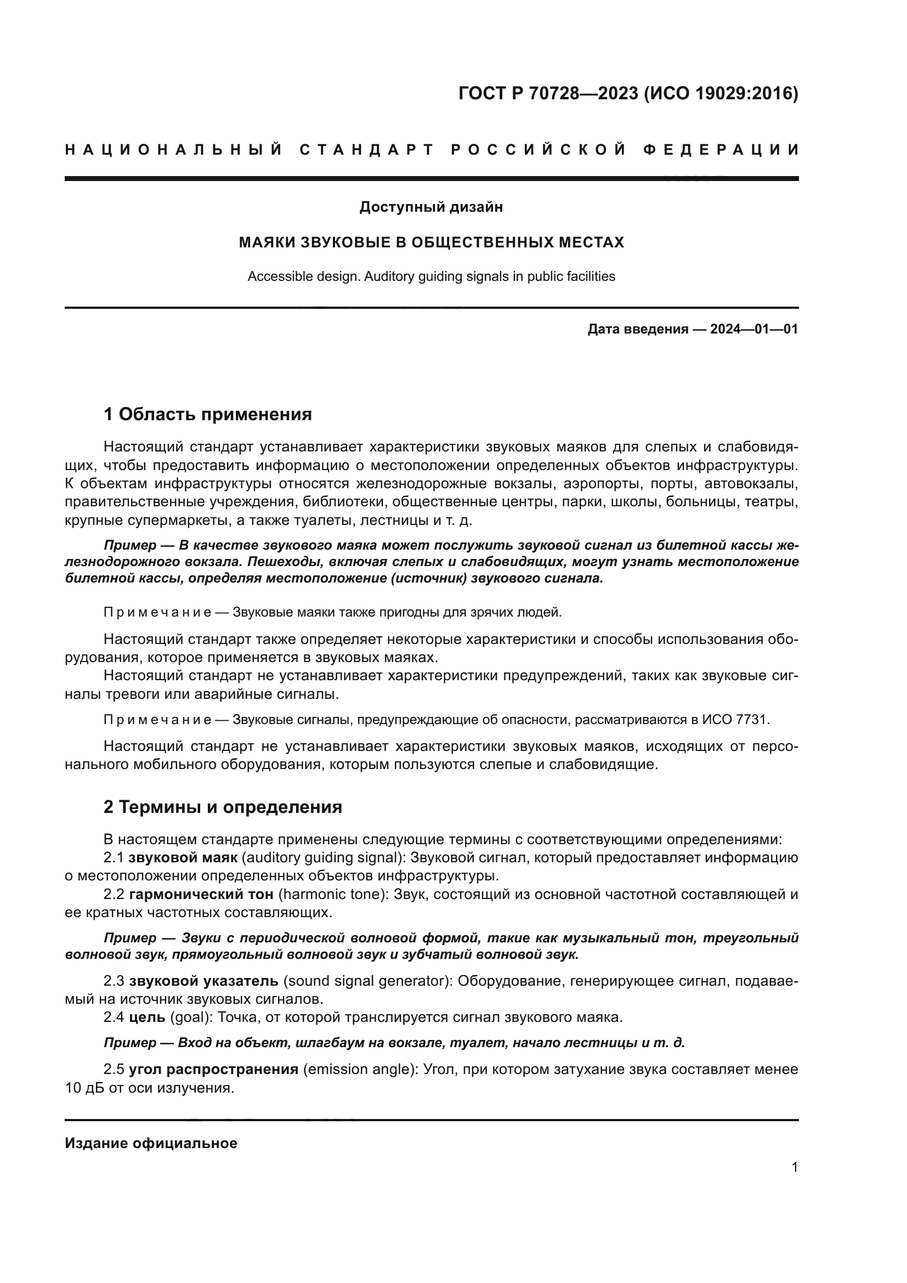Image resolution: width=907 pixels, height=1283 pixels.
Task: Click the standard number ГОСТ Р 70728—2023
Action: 548,93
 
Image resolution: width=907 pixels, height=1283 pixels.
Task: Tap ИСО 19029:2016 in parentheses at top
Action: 722,93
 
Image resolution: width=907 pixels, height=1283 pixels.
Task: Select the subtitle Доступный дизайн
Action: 431,207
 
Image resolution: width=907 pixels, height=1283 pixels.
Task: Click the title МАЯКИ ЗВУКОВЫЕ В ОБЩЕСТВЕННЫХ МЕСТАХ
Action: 431,242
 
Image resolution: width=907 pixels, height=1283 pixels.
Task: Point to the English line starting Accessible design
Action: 431,276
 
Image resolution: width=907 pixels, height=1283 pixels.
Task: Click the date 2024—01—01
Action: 754,329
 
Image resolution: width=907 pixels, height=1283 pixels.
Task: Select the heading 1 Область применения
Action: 208,415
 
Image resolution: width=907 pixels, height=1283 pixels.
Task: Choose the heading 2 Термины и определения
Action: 223,807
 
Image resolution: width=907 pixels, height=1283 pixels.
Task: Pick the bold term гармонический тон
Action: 201,895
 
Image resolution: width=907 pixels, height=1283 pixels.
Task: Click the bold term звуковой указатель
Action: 203,981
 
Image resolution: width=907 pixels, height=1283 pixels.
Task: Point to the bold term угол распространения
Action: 213,1070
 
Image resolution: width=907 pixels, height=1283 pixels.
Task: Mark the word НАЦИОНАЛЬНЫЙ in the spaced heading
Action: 174,150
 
